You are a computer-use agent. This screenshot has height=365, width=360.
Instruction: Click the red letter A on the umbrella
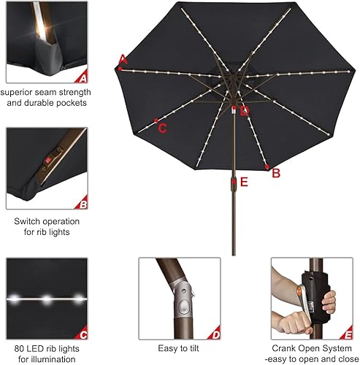[x=123, y=60]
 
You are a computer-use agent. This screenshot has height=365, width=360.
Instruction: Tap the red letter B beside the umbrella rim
[x=276, y=173]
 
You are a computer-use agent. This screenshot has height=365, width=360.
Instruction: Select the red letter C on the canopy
[x=163, y=128]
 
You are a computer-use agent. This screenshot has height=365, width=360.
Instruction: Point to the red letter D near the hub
[x=245, y=111]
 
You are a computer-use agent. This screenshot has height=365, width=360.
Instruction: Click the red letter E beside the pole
[x=244, y=182]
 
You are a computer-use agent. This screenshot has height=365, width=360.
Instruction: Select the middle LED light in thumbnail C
[x=47, y=299]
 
